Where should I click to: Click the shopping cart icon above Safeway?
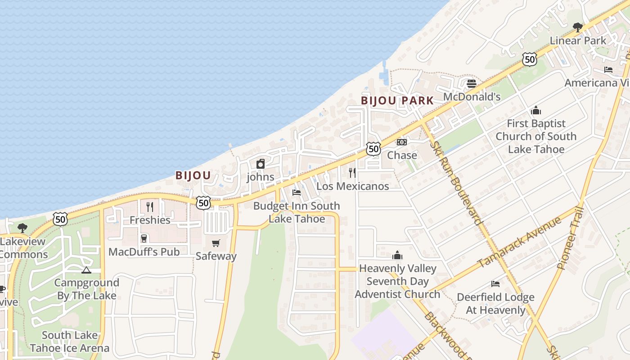216,243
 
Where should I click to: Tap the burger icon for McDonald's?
472,84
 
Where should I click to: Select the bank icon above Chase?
401,142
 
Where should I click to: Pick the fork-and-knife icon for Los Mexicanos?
352,172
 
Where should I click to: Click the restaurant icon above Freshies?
150,207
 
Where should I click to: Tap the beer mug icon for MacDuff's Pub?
144,238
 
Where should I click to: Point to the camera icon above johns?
261,164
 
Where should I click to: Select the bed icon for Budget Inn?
297,193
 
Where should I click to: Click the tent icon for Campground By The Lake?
86,270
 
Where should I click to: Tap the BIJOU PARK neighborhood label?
397,100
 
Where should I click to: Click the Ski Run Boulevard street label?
455,183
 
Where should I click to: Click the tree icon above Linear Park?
578,27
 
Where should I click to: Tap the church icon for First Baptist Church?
536,110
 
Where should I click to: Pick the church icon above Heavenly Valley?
397,256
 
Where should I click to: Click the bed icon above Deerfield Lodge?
495,284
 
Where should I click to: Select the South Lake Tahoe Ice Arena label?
70,342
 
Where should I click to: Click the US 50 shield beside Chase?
373,148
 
